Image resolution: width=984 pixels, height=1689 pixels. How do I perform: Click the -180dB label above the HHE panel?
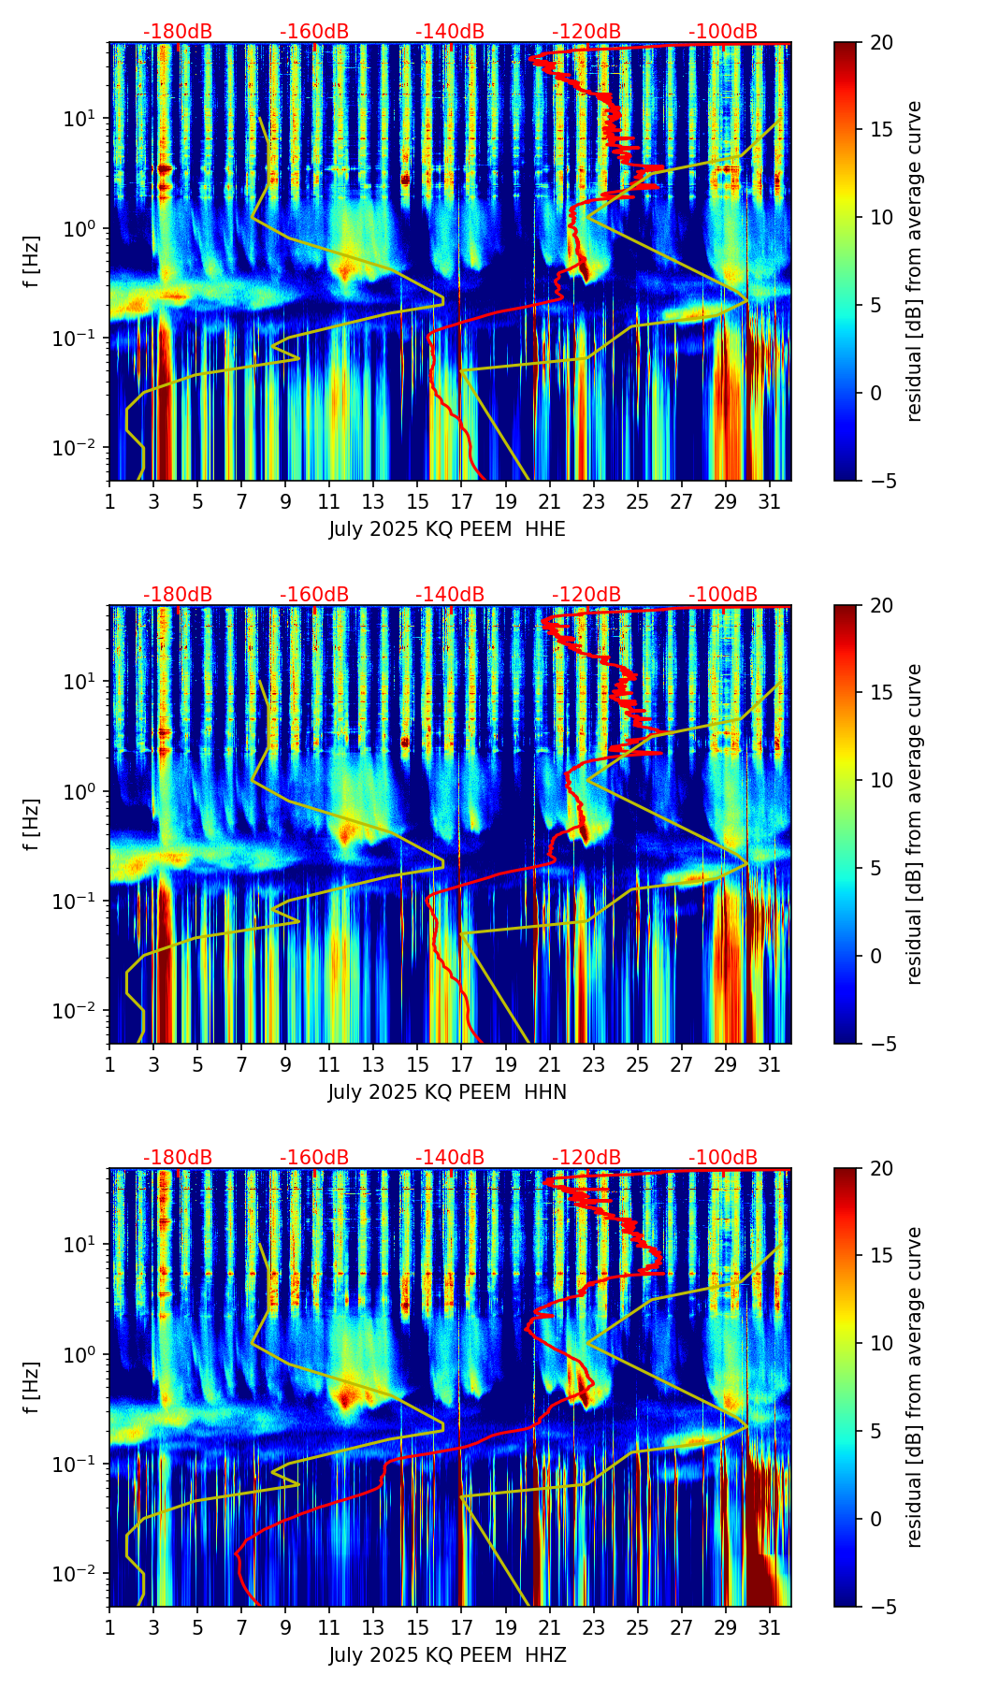click(x=178, y=32)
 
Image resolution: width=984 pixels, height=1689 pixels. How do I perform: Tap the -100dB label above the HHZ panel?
click(x=723, y=1158)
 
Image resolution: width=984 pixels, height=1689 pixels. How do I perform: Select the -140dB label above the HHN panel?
click(x=450, y=595)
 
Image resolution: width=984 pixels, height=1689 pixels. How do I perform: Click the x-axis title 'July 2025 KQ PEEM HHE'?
click(x=447, y=529)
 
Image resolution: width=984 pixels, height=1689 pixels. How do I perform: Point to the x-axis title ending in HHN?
click(x=447, y=1092)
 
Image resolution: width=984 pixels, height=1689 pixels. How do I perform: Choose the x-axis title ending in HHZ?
click(x=447, y=1655)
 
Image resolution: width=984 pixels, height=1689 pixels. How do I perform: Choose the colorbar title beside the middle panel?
click(x=914, y=824)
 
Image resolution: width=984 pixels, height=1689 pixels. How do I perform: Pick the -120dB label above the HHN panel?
click(x=586, y=595)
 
